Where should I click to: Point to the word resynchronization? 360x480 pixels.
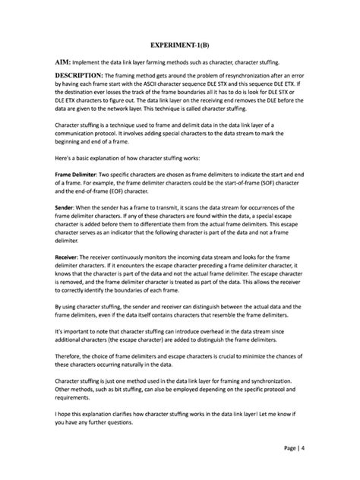266,77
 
